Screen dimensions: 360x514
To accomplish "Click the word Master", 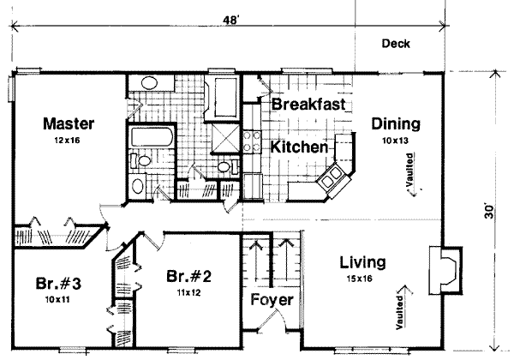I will pyautogui.click(x=69, y=123).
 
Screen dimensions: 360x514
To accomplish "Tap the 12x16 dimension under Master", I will pyautogui.click(x=69, y=139).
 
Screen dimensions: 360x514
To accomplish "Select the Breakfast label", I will pyautogui.click(x=308, y=105).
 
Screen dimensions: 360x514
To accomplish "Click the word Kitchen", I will pyautogui.click(x=300, y=147).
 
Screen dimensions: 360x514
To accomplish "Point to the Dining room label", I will pyautogui.click(x=395, y=123).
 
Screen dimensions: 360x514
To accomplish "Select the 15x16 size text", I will pyautogui.click(x=361, y=278).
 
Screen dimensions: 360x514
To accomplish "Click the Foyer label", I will pyautogui.click(x=272, y=302).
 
